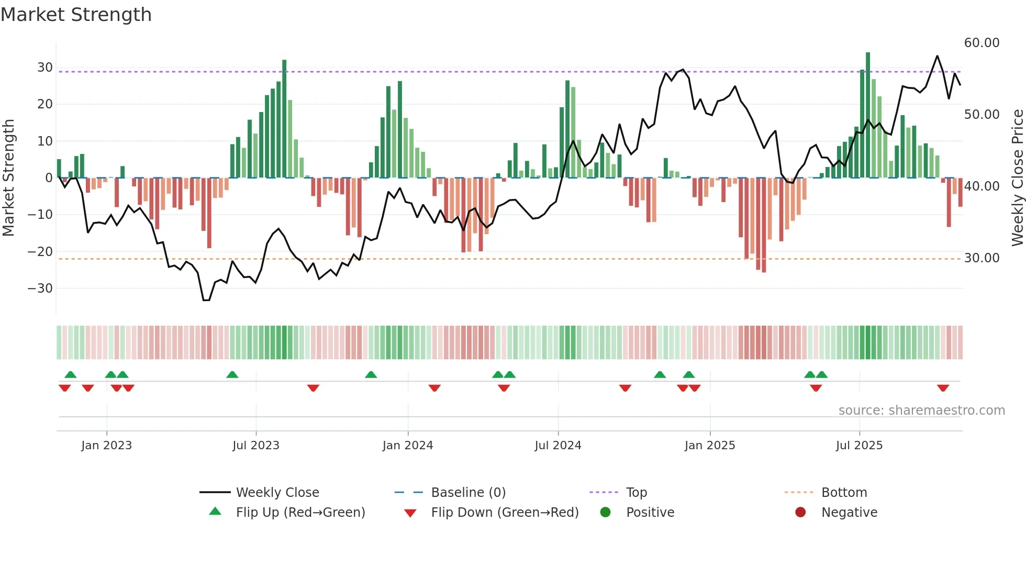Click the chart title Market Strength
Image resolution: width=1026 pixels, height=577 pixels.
coord(76,15)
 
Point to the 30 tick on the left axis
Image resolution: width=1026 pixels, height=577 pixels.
coord(45,68)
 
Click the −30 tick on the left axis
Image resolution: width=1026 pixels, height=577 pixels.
coord(41,288)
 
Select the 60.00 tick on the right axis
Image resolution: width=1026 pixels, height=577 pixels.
coord(982,43)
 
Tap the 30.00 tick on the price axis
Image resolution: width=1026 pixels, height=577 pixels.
coord(982,258)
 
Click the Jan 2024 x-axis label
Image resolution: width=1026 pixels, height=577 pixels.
coord(408,446)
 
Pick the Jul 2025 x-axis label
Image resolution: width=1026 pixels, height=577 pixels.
coord(859,446)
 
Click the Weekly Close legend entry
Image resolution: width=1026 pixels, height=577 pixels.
coord(277,493)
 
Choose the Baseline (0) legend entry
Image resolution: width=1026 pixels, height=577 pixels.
coord(468,493)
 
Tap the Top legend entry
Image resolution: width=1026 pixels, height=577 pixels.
coord(636,493)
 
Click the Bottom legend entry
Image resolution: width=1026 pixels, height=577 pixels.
coord(844,493)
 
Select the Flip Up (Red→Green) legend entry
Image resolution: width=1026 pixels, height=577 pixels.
coord(300,513)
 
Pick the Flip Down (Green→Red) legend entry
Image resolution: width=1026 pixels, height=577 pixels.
coord(505,513)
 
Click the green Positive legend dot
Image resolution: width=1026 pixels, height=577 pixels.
coord(605,513)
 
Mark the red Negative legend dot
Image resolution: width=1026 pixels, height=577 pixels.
coord(800,513)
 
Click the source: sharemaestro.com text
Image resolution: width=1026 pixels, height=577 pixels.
coord(921,410)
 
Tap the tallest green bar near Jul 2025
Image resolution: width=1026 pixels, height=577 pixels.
coord(868,115)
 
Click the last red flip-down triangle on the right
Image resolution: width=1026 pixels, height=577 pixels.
coord(943,388)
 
